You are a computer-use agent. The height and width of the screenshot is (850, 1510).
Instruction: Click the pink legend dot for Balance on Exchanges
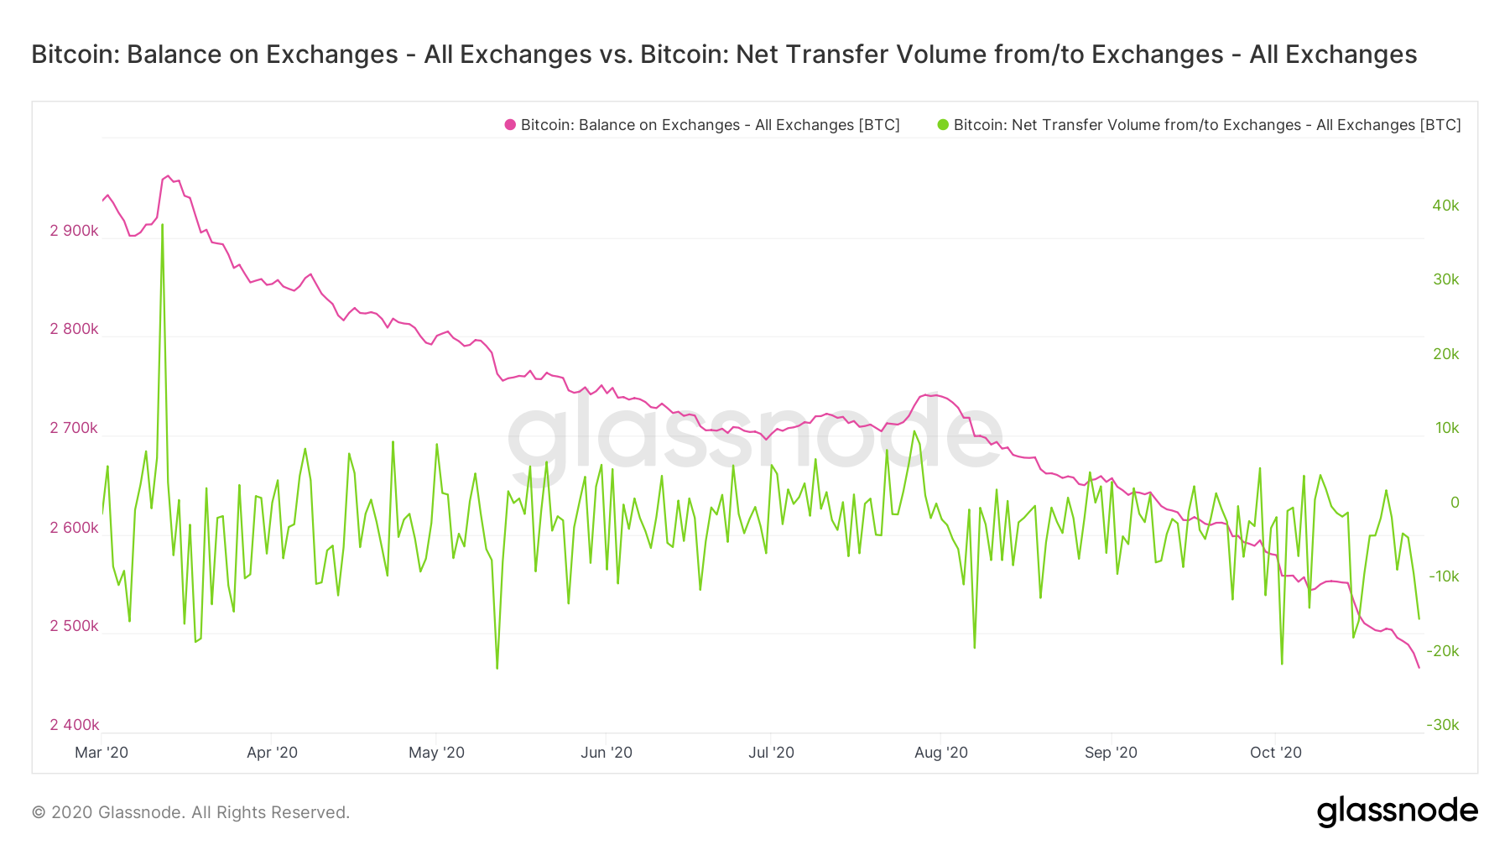click(x=510, y=125)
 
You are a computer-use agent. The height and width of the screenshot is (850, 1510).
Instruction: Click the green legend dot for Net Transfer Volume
click(x=943, y=125)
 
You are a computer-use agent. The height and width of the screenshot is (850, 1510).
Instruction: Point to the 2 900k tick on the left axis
click(x=74, y=231)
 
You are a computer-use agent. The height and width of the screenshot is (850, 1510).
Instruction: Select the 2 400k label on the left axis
click(x=74, y=725)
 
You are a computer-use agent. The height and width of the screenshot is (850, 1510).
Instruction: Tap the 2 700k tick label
click(x=74, y=428)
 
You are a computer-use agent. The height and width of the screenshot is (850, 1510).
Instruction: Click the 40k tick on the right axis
click(x=1445, y=206)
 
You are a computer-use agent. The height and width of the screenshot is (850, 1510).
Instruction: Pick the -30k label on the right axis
click(x=1443, y=725)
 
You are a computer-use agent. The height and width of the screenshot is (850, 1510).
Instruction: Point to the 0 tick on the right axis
click(x=1455, y=503)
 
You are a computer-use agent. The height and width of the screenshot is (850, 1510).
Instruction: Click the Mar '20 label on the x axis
click(x=102, y=753)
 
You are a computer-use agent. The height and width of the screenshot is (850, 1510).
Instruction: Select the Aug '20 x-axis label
click(x=940, y=753)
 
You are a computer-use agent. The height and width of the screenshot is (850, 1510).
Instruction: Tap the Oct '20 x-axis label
click(x=1275, y=753)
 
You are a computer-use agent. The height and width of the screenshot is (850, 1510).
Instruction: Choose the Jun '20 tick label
click(x=606, y=753)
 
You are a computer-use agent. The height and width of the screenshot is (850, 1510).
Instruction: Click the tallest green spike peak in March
click(x=162, y=225)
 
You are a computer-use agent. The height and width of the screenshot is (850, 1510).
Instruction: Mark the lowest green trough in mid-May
click(x=497, y=668)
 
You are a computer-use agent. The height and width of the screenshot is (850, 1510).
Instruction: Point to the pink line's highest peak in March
click(x=168, y=176)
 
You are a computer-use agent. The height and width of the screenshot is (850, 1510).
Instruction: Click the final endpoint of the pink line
click(x=1419, y=668)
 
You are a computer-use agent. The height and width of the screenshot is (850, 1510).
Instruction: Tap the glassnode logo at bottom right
click(x=1397, y=811)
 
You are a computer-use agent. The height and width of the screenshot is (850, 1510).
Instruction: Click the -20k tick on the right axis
click(x=1443, y=651)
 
